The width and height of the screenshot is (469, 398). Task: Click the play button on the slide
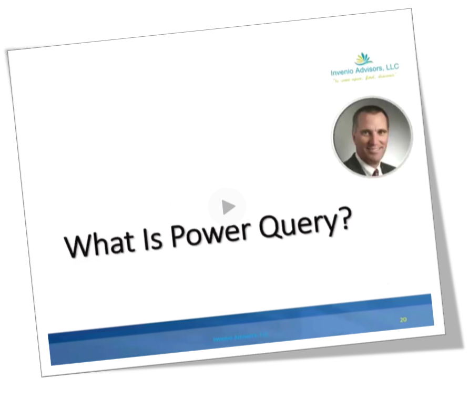click(x=227, y=207)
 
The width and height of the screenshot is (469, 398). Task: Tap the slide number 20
click(x=403, y=319)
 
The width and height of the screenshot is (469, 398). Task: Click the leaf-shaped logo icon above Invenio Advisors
click(x=363, y=57)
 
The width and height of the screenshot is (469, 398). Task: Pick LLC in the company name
click(x=392, y=66)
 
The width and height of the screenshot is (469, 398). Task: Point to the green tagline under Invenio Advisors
click(x=363, y=78)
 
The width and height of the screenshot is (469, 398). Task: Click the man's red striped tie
click(x=375, y=171)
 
